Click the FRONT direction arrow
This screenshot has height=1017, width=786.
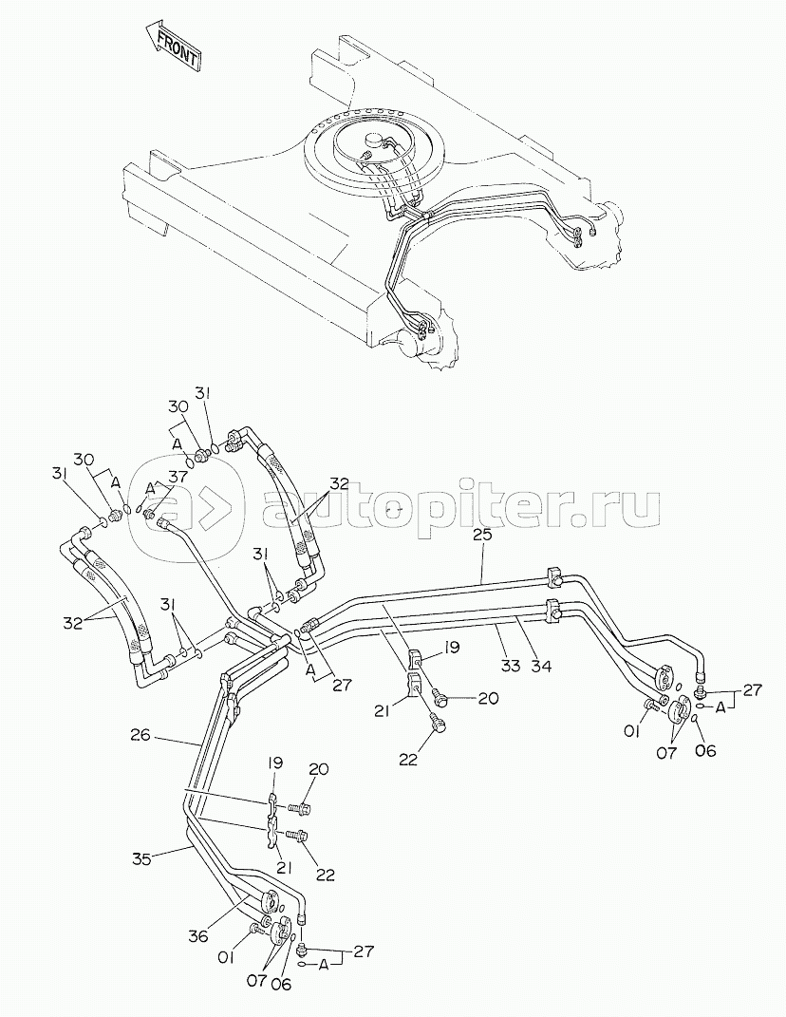click(172, 46)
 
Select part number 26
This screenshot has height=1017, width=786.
click(140, 736)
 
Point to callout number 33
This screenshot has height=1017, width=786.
click(511, 665)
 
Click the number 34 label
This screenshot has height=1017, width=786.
click(541, 665)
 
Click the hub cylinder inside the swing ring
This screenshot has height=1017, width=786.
click(374, 141)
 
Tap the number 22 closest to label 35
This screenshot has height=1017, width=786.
click(325, 875)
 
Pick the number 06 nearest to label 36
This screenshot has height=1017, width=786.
click(281, 985)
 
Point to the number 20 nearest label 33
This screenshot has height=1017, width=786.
click(488, 698)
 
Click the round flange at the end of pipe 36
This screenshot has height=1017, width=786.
click(270, 903)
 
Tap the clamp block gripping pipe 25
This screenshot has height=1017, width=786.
click(553, 574)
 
